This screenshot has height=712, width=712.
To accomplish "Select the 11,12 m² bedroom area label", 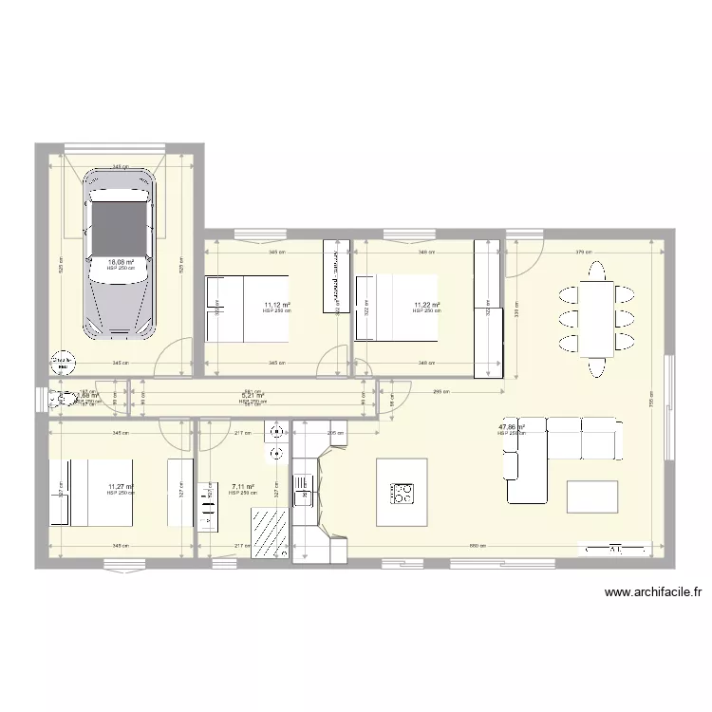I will (x=277, y=305).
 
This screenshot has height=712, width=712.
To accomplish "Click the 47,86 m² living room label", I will (x=512, y=428).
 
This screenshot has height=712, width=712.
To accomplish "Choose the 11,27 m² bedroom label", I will (x=121, y=487).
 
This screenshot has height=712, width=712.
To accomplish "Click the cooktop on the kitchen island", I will (x=403, y=493).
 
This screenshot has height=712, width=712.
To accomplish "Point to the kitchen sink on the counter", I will (x=304, y=488).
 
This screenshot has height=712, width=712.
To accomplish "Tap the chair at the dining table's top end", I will (x=598, y=267).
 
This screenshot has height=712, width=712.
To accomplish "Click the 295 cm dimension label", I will (x=440, y=392).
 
